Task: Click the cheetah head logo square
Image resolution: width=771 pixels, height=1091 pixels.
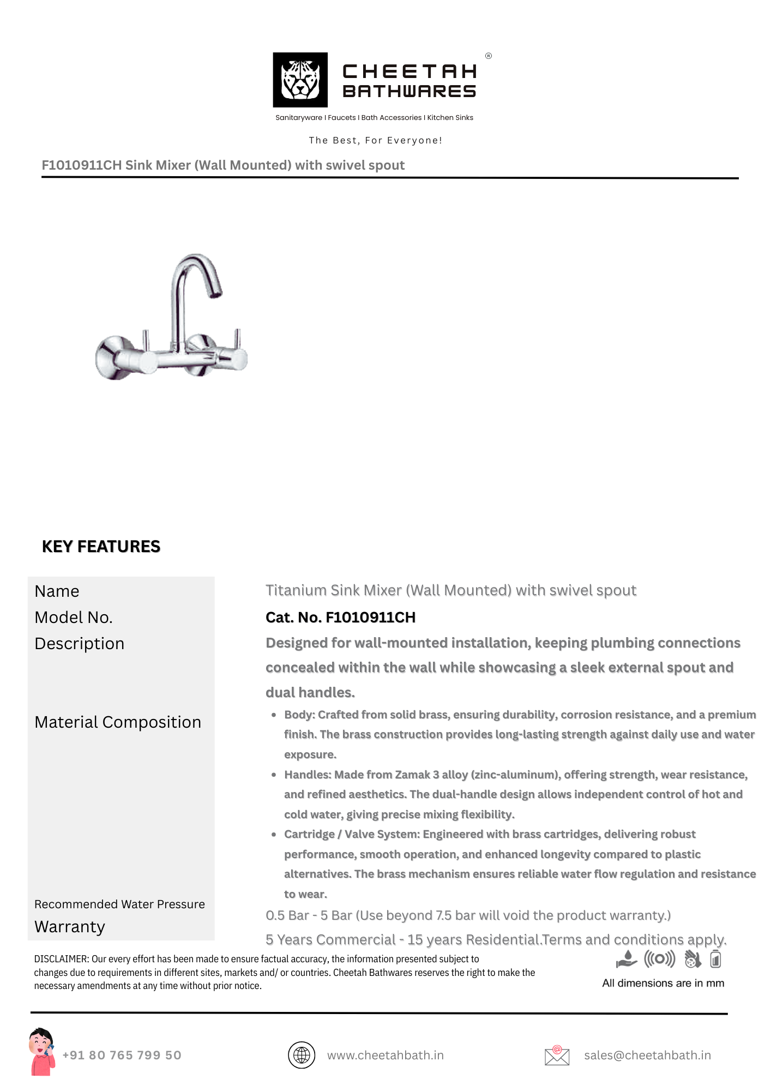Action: (300, 80)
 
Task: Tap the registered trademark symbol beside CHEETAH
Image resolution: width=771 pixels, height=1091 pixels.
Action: (489, 56)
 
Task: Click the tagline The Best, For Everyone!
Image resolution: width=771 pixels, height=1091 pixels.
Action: (375, 140)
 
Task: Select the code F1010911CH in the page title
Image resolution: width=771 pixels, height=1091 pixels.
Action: (82, 165)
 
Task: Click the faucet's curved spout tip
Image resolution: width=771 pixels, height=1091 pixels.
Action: (216, 294)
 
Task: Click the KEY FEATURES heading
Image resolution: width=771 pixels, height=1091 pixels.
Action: (101, 547)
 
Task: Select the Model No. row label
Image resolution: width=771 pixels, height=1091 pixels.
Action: (74, 618)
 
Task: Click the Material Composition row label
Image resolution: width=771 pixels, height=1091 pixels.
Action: (118, 722)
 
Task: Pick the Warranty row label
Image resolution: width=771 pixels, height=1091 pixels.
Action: (70, 927)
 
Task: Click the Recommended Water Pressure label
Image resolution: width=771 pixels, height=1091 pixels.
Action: (119, 904)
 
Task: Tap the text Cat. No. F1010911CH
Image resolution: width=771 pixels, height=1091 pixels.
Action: (340, 618)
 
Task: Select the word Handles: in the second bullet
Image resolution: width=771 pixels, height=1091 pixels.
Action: (308, 775)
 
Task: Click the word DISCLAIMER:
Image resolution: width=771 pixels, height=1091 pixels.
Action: (61, 959)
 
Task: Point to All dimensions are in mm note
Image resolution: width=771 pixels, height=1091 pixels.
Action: (663, 983)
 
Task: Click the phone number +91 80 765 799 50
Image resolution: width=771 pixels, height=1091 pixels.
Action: (122, 1055)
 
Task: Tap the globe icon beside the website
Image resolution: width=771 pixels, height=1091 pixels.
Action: (302, 1055)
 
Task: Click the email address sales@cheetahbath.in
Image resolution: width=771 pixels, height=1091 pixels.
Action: (647, 1055)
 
